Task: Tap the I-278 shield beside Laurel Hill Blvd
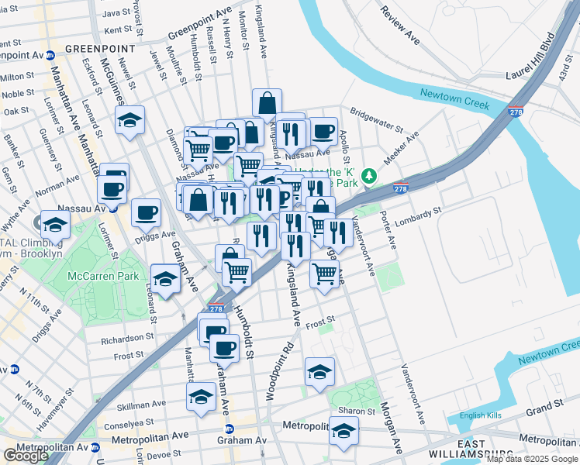coord(516,112)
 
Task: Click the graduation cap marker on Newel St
coord(130,121)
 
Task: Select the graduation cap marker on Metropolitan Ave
coord(344,431)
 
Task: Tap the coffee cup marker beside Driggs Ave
coord(145,212)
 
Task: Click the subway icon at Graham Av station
coord(230,429)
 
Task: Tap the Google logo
coord(26,455)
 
